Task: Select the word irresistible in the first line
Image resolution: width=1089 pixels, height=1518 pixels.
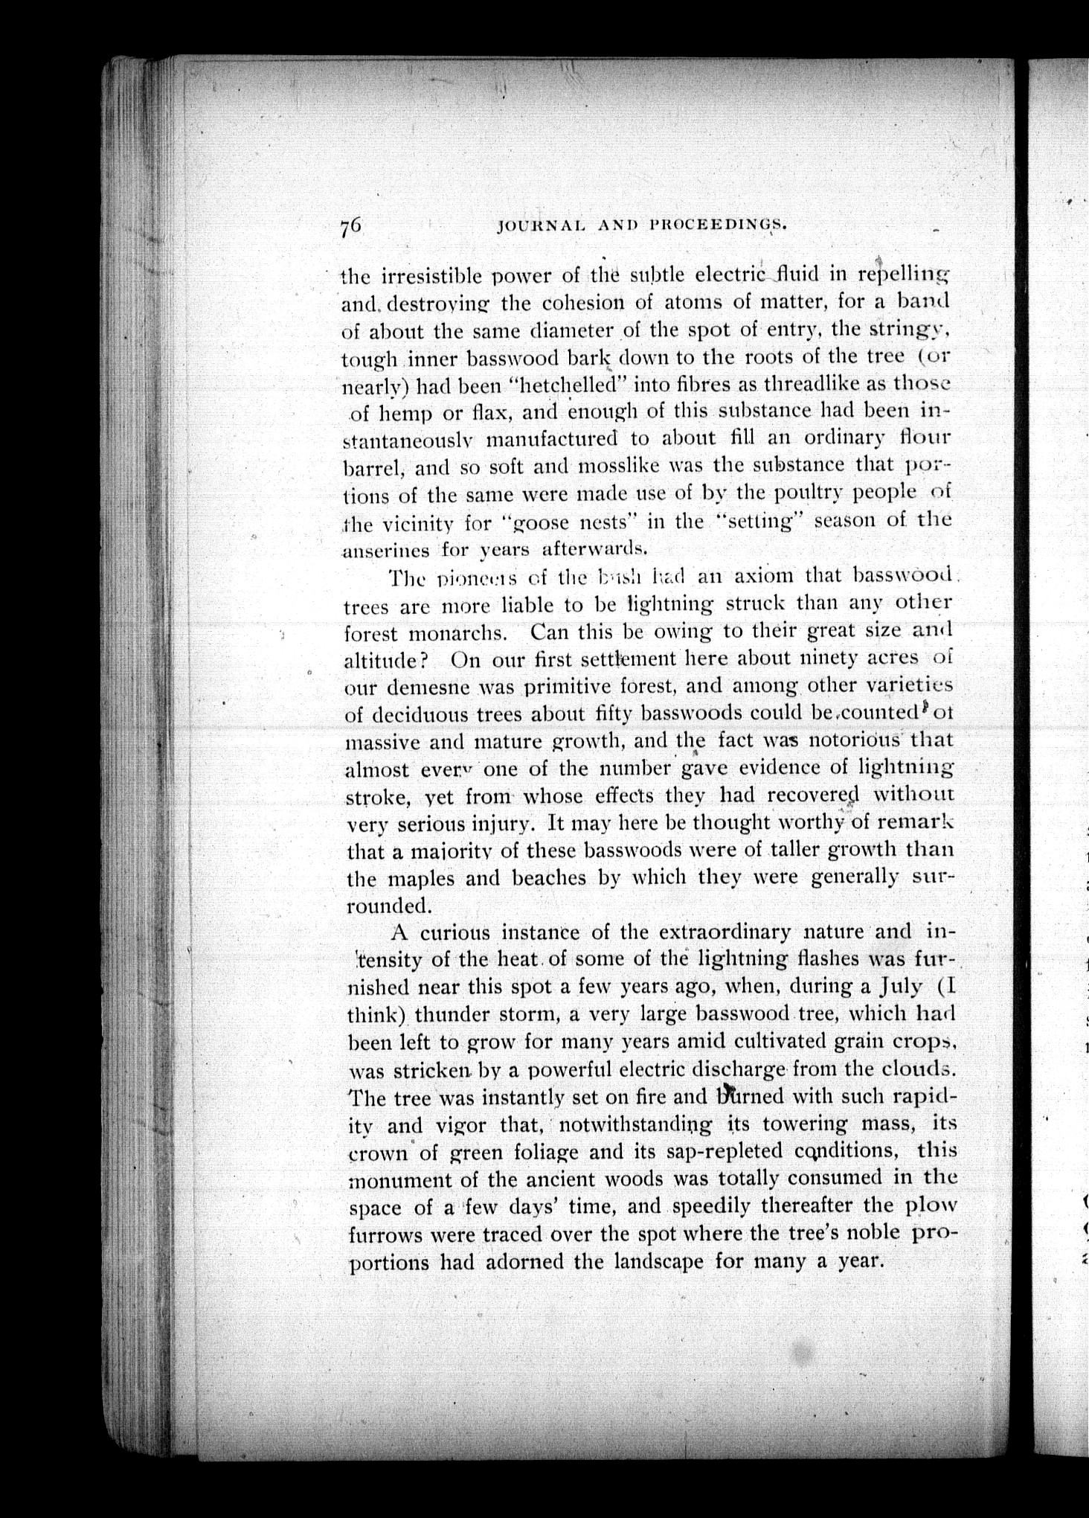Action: pos(435,276)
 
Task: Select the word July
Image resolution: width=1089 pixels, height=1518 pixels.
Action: pos(902,987)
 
